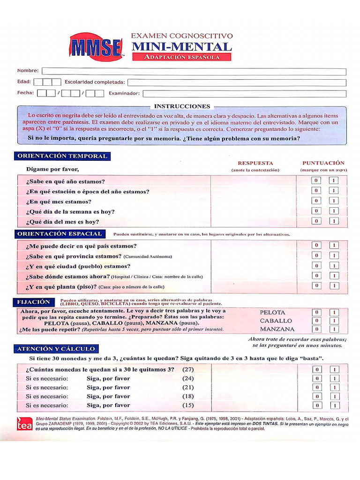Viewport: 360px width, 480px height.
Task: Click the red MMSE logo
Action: click(96, 47)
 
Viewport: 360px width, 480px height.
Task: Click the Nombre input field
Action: click(194, 71)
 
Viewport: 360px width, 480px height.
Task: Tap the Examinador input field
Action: click(244, 94)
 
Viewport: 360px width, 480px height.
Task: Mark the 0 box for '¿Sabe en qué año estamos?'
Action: click(316, 181)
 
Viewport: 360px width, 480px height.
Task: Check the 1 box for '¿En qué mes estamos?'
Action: click(333, 201)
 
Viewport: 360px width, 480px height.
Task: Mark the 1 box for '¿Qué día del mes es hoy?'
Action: click(333, 221)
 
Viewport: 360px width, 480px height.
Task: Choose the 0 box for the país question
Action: click(316, 245)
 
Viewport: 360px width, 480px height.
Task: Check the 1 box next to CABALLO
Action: click(334, 321)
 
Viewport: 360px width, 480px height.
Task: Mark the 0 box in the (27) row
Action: click(317, 369)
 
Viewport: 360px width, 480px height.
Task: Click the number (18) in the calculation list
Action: click(188, 396)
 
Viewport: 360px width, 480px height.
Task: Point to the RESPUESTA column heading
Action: click(255, 163)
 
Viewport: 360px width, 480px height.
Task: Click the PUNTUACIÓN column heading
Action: click(323, 163)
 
